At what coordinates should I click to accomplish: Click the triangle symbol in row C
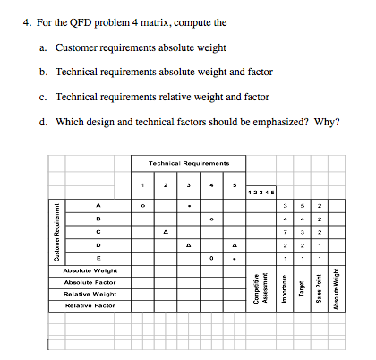pos(165,231)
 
